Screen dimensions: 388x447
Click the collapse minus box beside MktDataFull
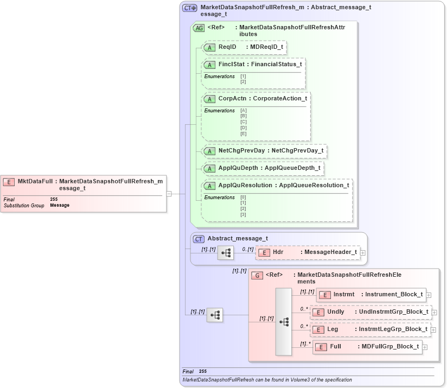[x=169, y=193]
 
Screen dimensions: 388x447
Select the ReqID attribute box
[x=244, y=47]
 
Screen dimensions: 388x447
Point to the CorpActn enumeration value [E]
[x=244, y=133]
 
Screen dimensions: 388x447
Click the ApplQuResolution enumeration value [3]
[x=244, y=214]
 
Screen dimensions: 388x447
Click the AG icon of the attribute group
[x=199, y=28]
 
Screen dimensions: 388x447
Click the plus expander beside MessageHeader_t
[x=363, y=252]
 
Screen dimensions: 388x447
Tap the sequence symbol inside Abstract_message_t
[x=225, y=252]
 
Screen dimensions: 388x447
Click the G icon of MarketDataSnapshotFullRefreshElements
[x=258, y=276]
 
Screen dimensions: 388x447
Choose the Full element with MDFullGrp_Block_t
[x=367, y=347]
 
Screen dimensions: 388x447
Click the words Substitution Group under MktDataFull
[x=24, y=206]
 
